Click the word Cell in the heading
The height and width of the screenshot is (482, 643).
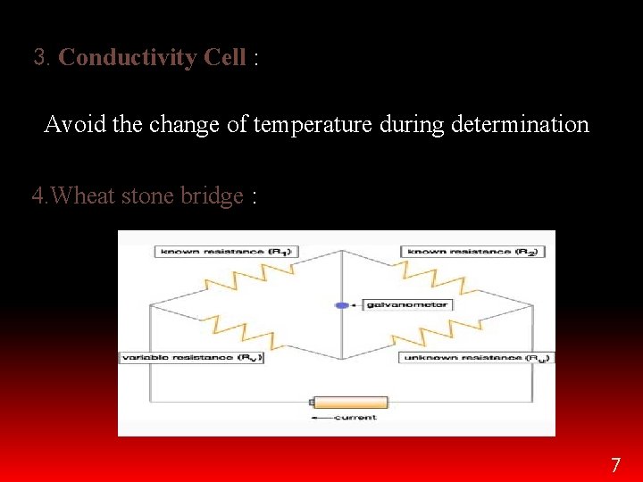click(224, 58)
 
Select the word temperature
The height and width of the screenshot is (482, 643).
click(313, 124)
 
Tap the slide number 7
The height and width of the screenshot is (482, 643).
click(615, 465)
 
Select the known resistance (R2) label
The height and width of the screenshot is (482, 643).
click(472, 252)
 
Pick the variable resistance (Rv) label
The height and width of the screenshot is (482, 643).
click(191, 358)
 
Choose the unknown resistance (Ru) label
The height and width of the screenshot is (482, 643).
click(475, 358)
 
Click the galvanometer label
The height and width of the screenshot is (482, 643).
click(407, 305)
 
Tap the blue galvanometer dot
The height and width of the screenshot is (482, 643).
click(341, 305)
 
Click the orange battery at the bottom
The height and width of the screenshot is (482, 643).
click(348, 403)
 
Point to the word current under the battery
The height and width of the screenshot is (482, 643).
click(355, 417)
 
